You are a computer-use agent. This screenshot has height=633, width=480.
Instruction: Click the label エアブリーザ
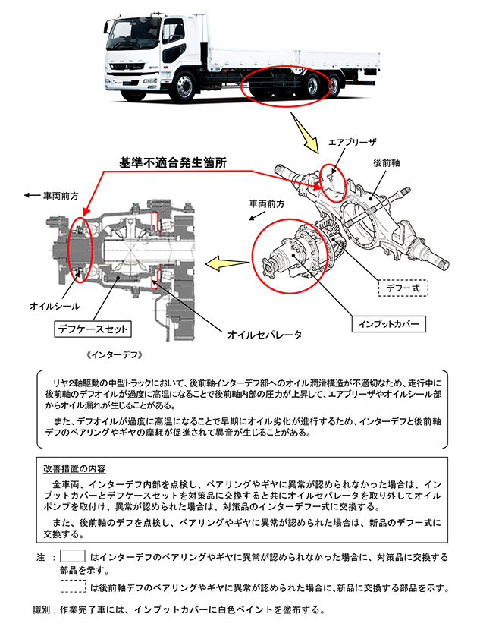352,142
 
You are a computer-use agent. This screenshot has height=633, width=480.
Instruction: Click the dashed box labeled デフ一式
403,288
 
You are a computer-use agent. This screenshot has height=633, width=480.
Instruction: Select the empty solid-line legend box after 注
72,556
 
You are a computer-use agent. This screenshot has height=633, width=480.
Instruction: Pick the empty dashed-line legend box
72,586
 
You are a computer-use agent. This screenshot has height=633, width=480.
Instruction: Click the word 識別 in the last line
42,609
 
